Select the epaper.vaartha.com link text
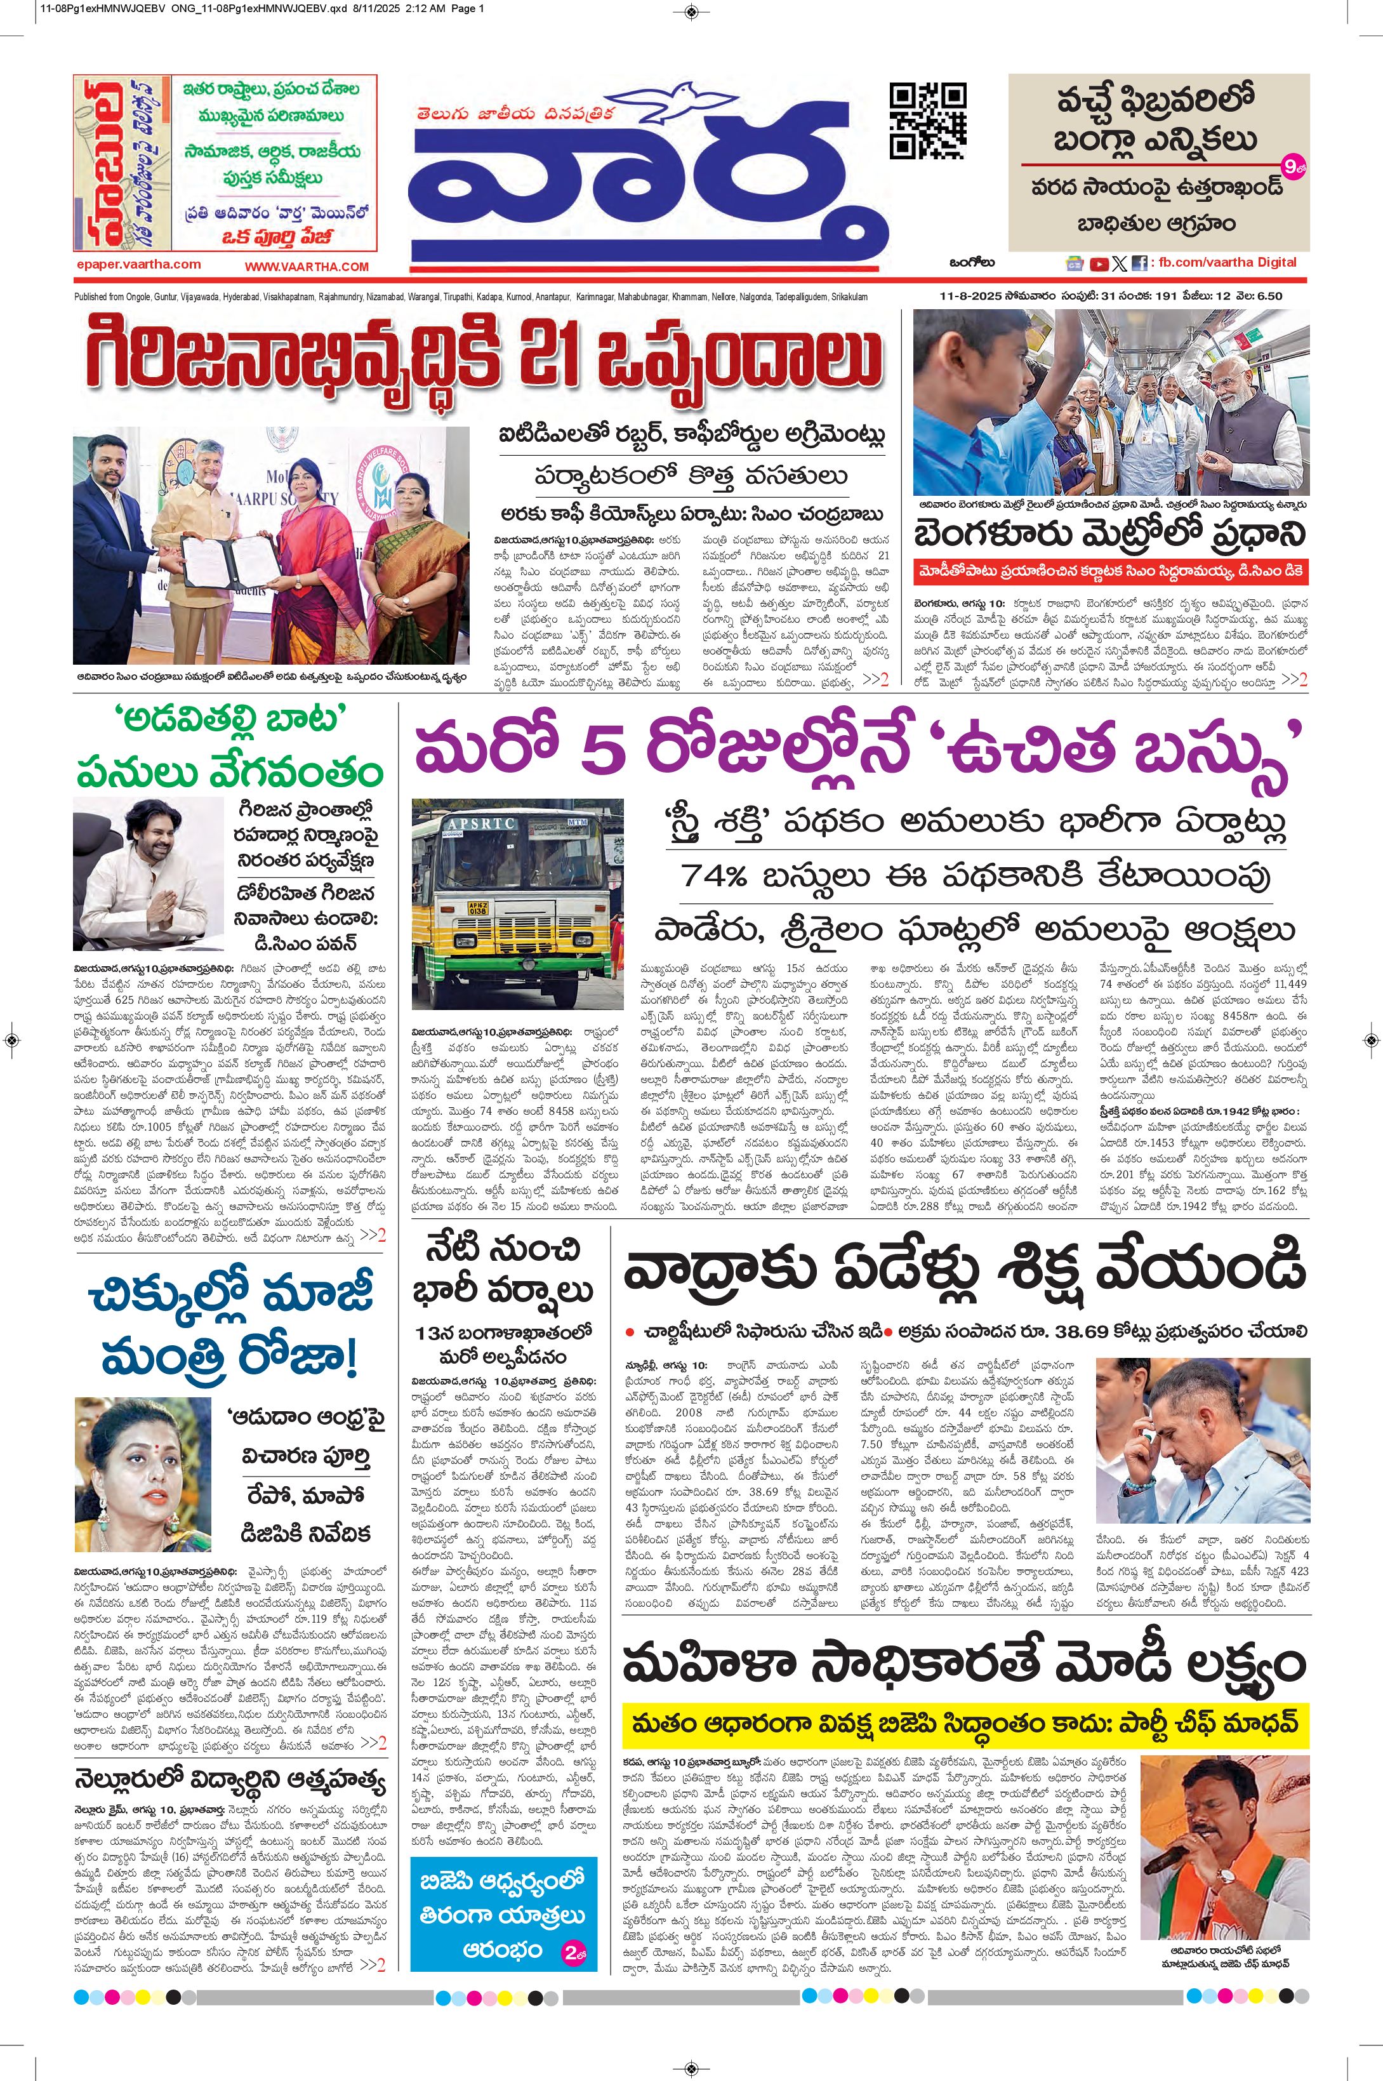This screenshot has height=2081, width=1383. [x=138, y=263]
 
